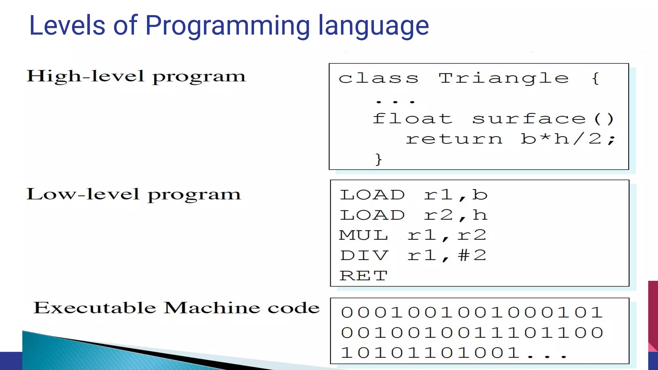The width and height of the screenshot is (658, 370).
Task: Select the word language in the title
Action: [373, 26]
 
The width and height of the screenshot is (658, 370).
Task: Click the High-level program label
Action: [136, 77]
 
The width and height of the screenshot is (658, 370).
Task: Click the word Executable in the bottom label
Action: [95, 308]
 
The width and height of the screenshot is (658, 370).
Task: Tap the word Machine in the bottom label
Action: [212, 308]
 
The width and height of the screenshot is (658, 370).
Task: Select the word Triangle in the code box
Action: [504, 78]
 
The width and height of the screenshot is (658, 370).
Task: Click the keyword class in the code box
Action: [378, 78]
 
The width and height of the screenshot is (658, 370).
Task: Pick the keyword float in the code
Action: [413, 119]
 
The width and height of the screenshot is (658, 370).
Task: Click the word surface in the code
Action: [529, 119]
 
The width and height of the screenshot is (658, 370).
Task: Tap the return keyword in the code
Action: [454, 139]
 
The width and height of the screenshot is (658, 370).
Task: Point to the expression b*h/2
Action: [567, 139]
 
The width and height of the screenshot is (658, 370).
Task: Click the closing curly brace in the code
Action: [378, 159]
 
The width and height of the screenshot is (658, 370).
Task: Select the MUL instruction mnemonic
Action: [364, 235]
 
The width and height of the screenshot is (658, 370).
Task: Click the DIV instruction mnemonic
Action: [364, 256]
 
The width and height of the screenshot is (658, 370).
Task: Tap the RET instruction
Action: [364, 276]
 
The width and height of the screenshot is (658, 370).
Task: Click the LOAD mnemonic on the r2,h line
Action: [372, 215]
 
